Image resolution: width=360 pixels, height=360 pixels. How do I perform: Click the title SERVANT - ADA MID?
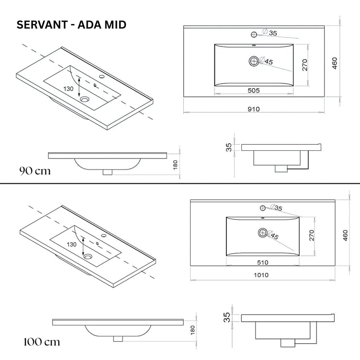click(x=72, y=25)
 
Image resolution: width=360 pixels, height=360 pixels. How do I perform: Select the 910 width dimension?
click(x=253, y=109)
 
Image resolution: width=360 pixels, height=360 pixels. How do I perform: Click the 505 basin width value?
click(x=253, y=90)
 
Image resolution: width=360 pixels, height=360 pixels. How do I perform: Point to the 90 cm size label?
click(x=34, y=170)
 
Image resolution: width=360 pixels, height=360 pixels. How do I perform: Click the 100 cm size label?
click(x=41, y=342)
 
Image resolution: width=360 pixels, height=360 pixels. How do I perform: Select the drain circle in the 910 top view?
click(x=254, y=60)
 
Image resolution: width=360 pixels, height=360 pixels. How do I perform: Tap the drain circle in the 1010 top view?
click(x=262, y=233)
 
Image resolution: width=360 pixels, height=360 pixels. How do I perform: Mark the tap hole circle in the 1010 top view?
click(x=262, y=207)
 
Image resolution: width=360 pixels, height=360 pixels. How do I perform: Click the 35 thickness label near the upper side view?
click(x=229, y=146)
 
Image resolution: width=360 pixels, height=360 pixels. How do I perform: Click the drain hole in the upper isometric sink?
click(x=85, y=100)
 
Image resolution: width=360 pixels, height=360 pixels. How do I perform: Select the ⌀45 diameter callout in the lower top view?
click(x=275, y=236)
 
